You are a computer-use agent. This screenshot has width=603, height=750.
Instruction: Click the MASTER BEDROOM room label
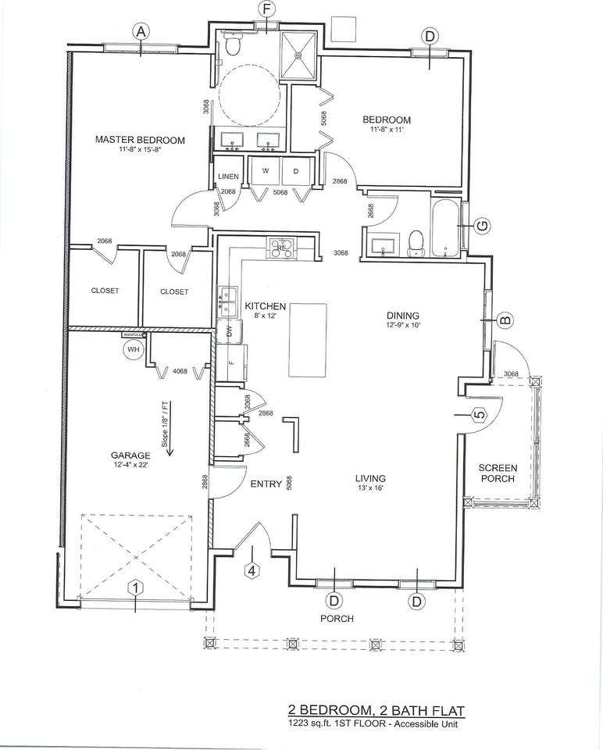pyautogui.click(x=140, y=140)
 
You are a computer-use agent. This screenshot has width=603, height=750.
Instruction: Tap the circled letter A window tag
pyautogui.click(x=141, y=31)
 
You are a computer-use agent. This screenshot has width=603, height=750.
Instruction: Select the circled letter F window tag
pyautogui.click(x=267, y=9)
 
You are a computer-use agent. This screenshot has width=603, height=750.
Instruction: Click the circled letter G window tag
pyautogui.click(x=482, y=226)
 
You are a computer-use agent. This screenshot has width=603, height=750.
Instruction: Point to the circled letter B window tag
pyautogui.click(x=505, y=319)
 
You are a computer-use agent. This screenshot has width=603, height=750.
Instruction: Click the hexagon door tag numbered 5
pyautogui.click(x=479, y=414)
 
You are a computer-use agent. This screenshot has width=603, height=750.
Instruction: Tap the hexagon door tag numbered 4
pyautogui.click(x=252, y=570)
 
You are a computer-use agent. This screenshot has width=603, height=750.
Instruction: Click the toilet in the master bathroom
pyautogui.click(x=231, y=46)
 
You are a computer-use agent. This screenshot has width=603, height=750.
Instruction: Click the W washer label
pyautogui.click(x=266, y=170)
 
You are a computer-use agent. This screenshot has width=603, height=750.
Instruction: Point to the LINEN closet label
pyautogui.click(x=229, y=177)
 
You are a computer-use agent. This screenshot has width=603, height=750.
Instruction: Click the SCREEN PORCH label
pyautogui.click(x=498, y=473)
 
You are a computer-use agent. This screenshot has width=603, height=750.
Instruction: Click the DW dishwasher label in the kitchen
pyautogui.click(x=230, y=331)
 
